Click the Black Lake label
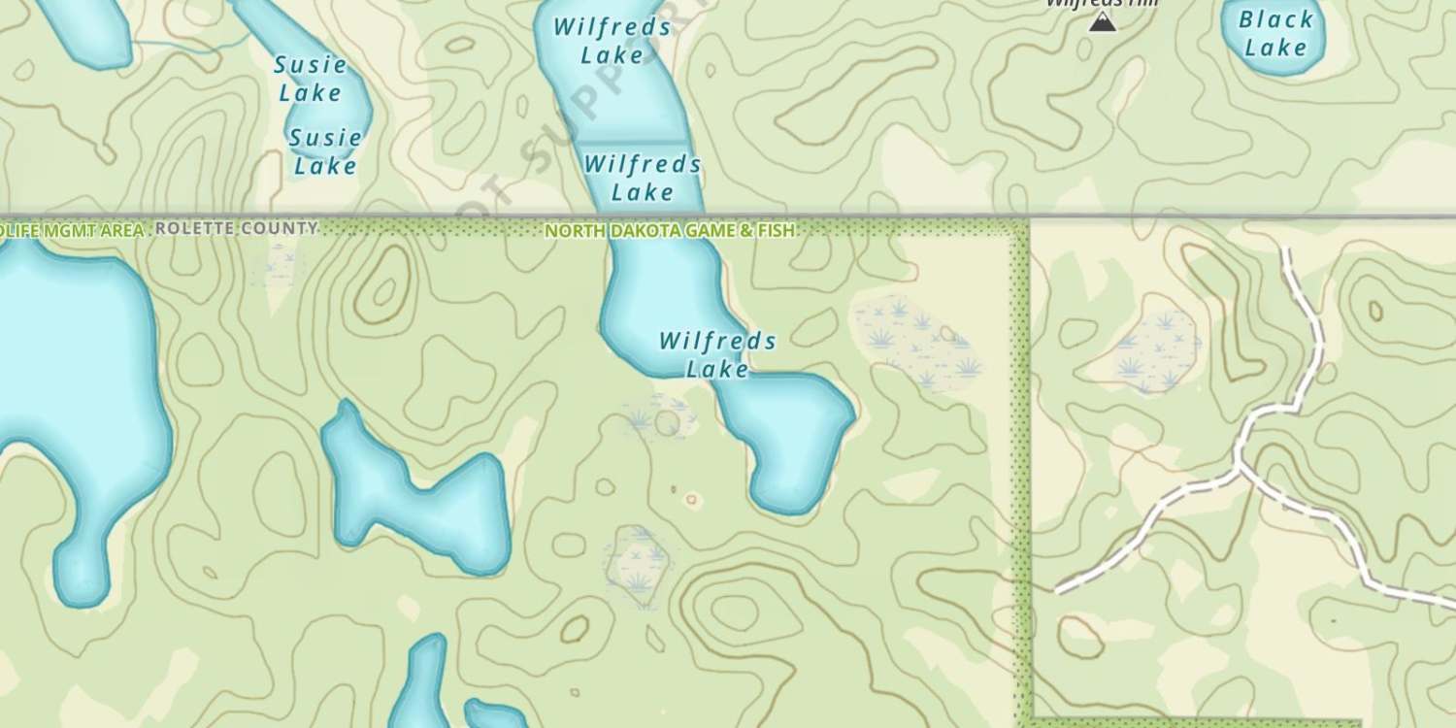tap(1275, 33)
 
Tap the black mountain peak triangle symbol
tap(1102, 21)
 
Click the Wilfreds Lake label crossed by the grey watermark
tap(612, 41)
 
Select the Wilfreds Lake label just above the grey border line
tap(643, 178)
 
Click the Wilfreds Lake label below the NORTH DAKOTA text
tap(717, 354)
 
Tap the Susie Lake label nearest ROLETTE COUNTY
tap(325, 151)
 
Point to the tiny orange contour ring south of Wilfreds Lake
tap(692, 500)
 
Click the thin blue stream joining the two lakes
tap(184, 45)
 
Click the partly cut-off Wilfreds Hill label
tap(1102, 4)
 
